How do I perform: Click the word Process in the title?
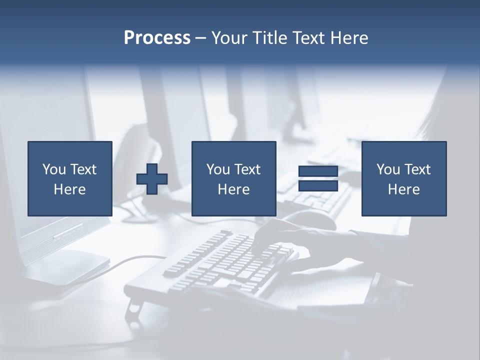pos(157,38)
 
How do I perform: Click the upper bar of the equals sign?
pos(318,171)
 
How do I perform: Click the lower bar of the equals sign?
pos(318,186)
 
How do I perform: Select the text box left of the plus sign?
pos(70,178)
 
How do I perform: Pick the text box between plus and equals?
pos(233,178)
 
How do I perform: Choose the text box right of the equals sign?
pos(403,178)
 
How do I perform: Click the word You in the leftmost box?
pos(54,169)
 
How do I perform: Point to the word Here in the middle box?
pos(233,189)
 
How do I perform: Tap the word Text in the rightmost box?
pos(418,169)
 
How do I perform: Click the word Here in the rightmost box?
pos(403,189)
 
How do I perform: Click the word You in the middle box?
pos(218,169)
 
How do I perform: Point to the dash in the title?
pos(200,38)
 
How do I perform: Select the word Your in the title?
pos(228,38)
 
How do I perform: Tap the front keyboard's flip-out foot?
pos(133,310)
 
